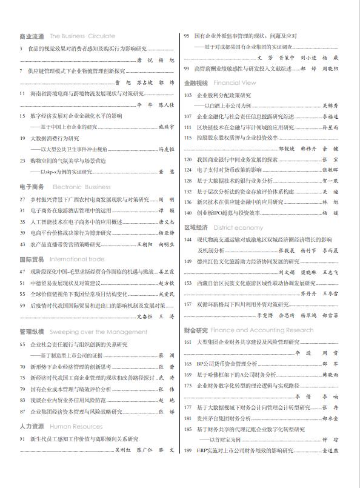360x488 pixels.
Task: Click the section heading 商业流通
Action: click(32, 36)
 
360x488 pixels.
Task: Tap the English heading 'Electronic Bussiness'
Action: click(82, 187)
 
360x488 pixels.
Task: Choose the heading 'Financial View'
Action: click(235, 83)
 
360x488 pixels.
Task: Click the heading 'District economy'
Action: click(238, 227)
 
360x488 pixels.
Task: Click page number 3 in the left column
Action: click(21, 48)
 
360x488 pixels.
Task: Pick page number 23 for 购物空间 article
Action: click(22, 161)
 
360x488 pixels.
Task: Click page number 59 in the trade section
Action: click(22, 306)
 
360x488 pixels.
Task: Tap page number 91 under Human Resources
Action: click(22, 438)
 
